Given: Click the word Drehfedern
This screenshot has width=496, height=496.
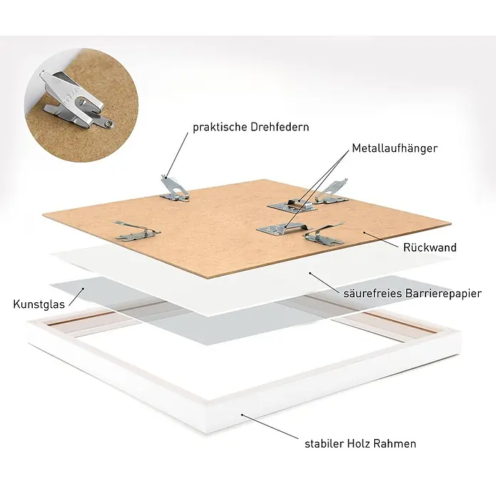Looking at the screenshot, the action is pyautogui.click(x=279, y=127).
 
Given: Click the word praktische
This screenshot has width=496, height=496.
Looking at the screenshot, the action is pyautogui.click(x=219, y=128).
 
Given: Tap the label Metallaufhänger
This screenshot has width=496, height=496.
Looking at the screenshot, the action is pyautogui.click(x=395, y=148).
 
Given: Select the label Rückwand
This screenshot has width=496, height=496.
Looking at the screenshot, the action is pyautogui.click(x=430, y=247).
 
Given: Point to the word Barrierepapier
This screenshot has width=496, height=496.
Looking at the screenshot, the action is pyautogui.click(x=443, y=294).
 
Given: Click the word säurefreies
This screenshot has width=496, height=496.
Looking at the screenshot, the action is pyautogui.click(x=373, y=293).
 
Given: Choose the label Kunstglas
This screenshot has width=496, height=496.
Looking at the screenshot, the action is pyautogui.click(x=39, y=304).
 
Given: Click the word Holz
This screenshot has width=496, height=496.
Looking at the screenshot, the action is pyautogui.click(x=358, y=444).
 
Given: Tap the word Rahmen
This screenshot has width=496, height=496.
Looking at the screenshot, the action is pyautogui.click(x=395, y=444).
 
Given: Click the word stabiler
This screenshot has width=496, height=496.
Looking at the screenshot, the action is pyautogui.click(x=324, y=444).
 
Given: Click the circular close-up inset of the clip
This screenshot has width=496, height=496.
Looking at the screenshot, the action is pyautogui.click(x=81, y=105).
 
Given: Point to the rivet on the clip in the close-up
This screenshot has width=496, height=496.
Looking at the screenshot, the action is pyautogui.click(x=108, y=121).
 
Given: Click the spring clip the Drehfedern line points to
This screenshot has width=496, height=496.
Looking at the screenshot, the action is pyautogui.click(x=175, y=189).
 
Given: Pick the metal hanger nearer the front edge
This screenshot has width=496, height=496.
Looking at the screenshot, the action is pyautogui.click(x=284, y=228).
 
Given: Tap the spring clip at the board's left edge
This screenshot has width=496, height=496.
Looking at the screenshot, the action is pyautogui.click(x=137, y=231).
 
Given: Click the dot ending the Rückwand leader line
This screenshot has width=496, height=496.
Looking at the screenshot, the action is pyautogui.click(x=364, y=233).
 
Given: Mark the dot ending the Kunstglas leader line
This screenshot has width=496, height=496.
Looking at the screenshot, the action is pyautogui.click(x=83, y=289).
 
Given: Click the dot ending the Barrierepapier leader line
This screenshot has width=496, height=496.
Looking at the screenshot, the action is pyautogui.click(x=310, y=273).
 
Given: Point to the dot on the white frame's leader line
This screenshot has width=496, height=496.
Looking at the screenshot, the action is pyautogui.click(x=242, y=415).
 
